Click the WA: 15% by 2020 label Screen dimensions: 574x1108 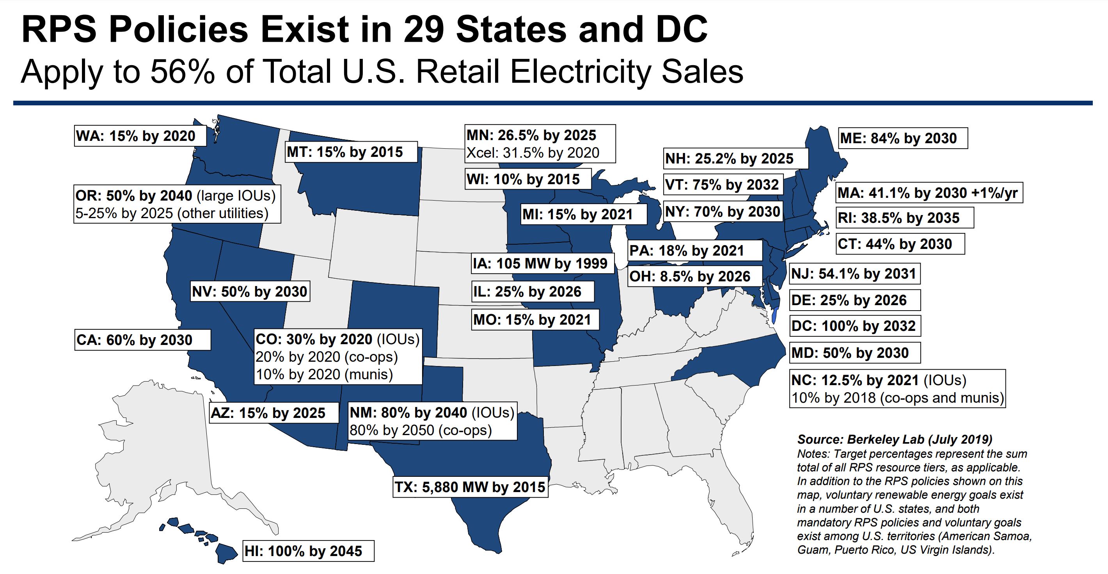135,136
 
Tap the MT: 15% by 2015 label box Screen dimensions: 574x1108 345,152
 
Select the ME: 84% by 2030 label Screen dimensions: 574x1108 898,138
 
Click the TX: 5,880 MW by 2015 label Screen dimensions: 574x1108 470,487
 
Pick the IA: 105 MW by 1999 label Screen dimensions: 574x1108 540,263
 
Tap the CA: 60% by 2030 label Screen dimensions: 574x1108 134,340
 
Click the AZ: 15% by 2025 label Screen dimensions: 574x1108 268,413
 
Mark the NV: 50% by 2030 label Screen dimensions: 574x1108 249,292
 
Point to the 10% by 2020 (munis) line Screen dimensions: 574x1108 324,375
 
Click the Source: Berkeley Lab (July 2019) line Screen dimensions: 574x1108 895,439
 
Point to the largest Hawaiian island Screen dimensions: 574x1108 226,553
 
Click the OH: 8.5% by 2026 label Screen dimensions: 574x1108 690,276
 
